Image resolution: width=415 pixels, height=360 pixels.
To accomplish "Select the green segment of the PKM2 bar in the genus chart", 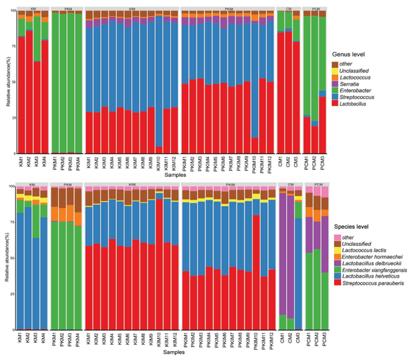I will tap(64, 83).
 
